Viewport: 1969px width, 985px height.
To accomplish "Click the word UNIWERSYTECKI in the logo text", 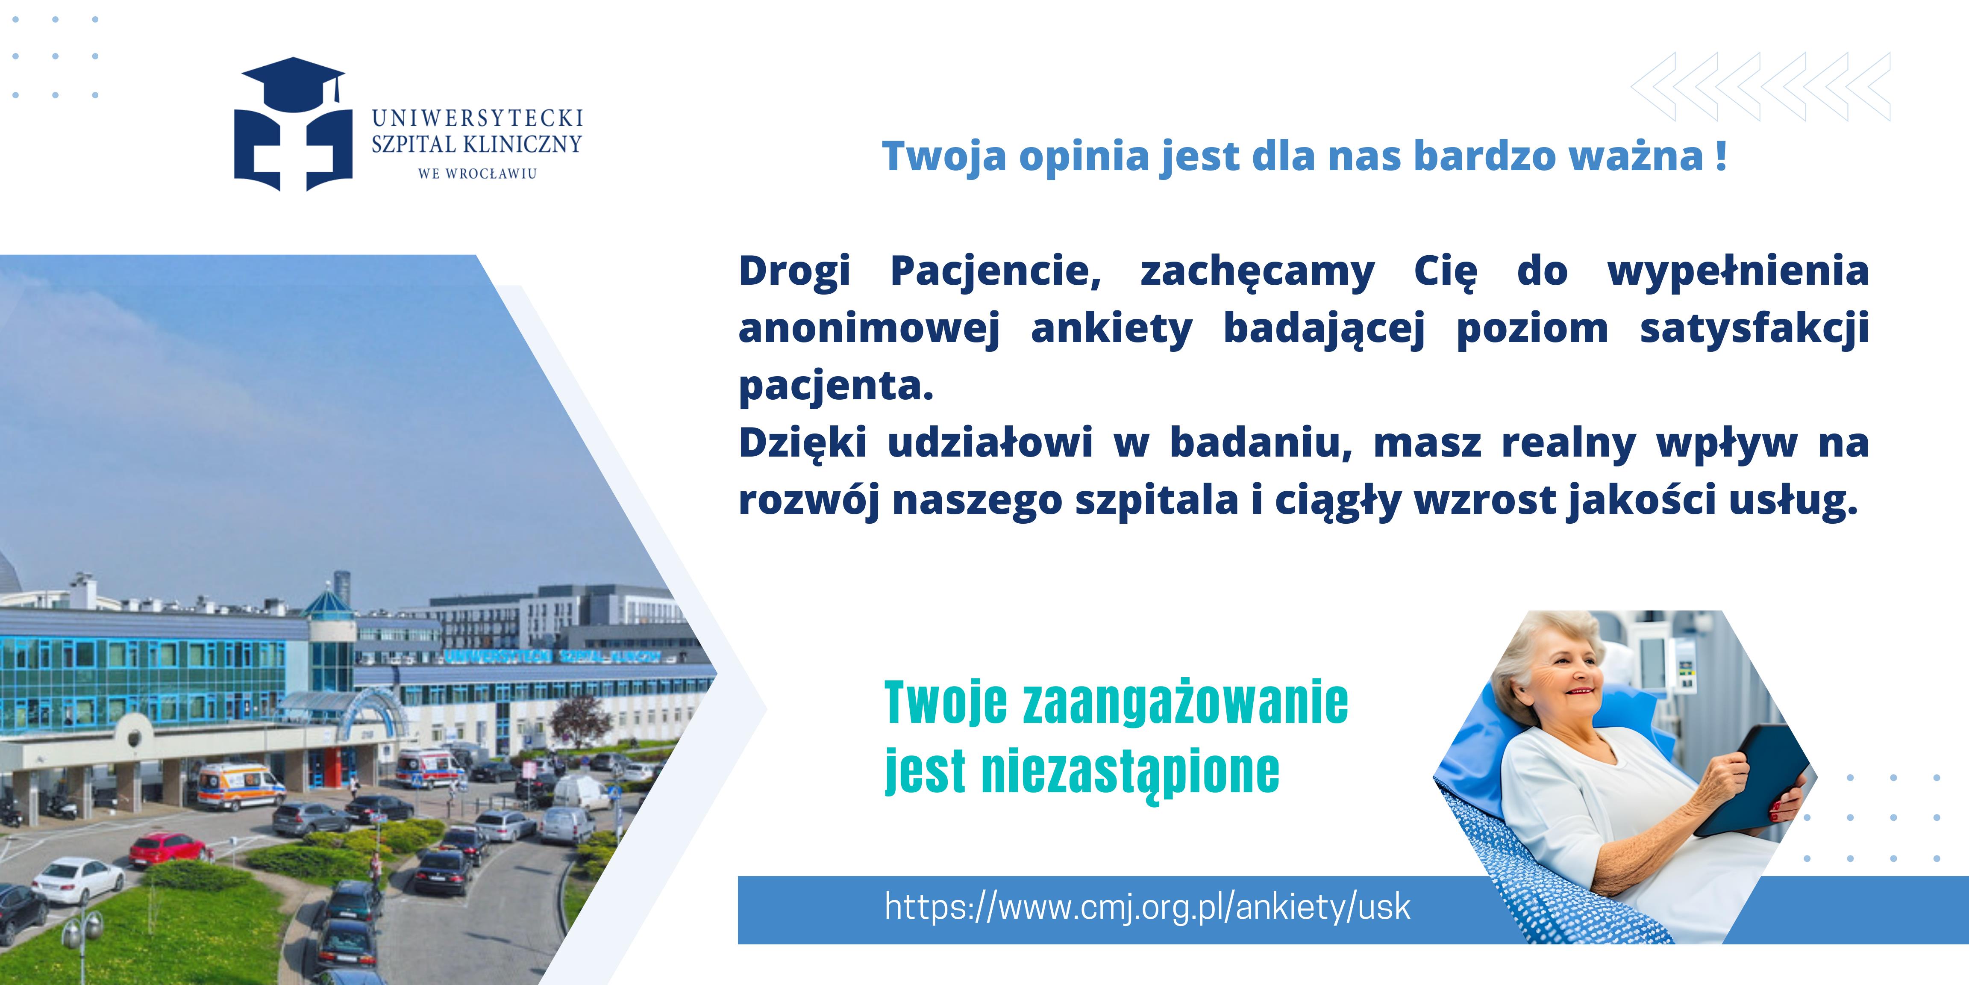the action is click(x=478, y=118).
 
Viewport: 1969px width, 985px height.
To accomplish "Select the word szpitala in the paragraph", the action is click(x=1156, y=501).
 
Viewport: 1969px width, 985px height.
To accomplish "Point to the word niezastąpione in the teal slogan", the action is click(x=1130, y=773).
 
